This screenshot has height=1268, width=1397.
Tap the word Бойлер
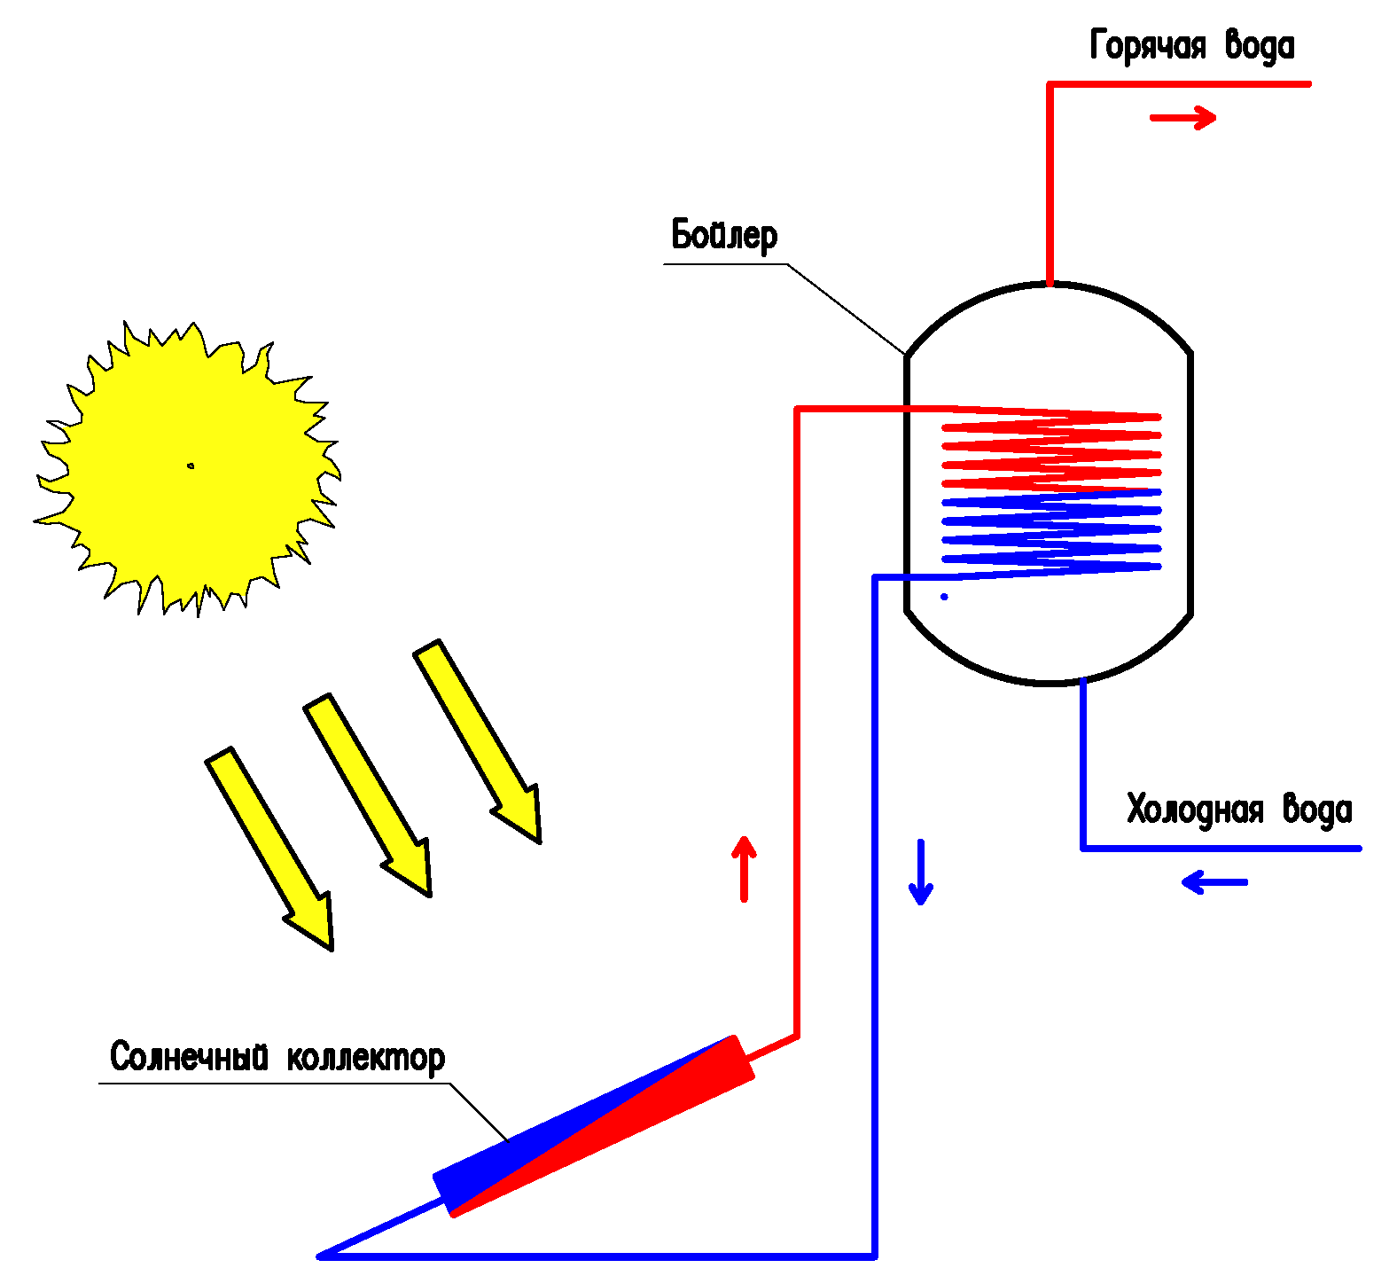coord(724,235)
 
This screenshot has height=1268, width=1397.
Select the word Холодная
coord(1195,810)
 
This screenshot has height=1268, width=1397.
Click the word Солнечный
coord(189,1057)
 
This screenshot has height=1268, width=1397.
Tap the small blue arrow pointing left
coord(1214,882)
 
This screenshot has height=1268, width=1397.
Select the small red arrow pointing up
coord(744,868)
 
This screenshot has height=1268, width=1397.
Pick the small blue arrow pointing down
coord(921,873)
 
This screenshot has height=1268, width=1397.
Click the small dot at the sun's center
coord(191,466)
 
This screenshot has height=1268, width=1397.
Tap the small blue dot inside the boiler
coord(944,597)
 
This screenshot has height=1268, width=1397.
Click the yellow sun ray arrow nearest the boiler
coord(479,740)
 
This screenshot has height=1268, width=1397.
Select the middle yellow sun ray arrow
coord(369,794)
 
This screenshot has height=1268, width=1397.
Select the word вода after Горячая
coord(1260,45)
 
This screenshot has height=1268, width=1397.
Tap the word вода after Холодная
coord(1317,810)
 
